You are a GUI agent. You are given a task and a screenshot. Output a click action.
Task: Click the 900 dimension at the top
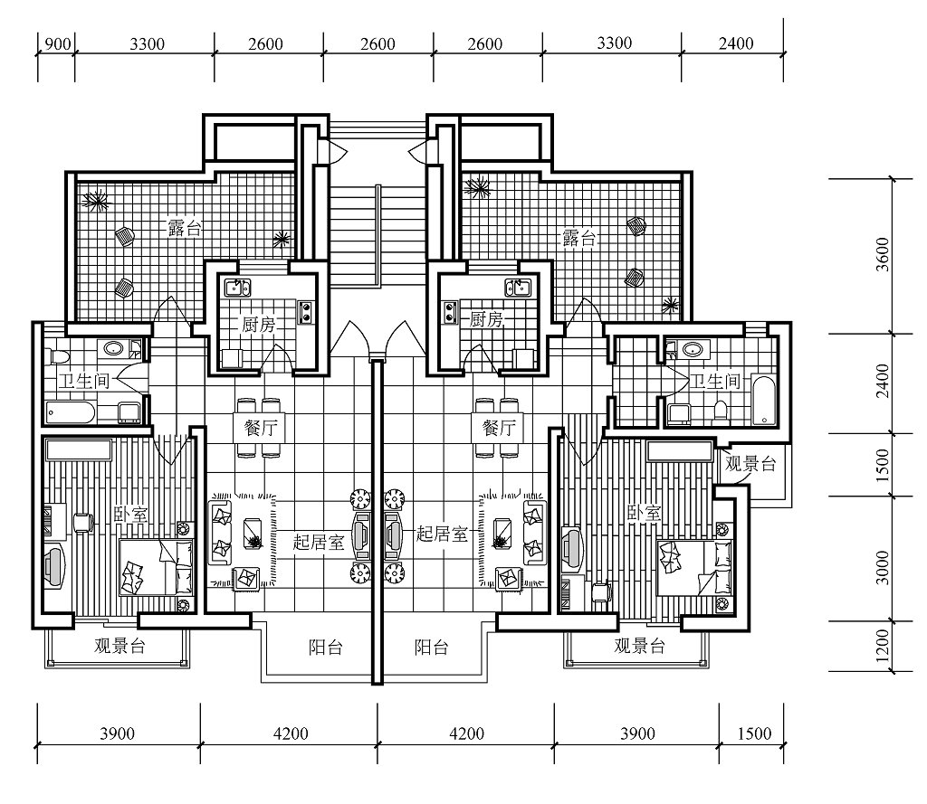(x=58, y=44)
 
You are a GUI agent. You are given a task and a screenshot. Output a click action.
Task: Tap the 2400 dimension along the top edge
(x=736, y=43)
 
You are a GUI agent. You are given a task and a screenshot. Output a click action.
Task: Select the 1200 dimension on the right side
(x=882, y=645)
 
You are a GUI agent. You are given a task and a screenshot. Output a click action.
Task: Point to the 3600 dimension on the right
(x=882, y=254)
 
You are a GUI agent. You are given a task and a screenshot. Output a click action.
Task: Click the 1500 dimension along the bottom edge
(x=754, y=733)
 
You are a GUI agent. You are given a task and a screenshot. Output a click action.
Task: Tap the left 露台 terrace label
(x=185, y=227)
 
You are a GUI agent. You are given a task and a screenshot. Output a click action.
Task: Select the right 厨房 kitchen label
(x=486, y=319)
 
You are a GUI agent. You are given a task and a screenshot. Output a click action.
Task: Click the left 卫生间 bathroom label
(x=84, y=381)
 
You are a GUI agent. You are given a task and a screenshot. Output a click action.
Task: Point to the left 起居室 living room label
(x=319, y=541)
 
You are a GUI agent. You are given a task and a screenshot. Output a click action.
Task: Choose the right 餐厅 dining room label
(x=499, y=427)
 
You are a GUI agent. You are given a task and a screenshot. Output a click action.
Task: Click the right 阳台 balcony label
(x=432, y=648)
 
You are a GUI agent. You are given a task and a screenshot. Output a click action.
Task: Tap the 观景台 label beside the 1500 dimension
(x=750, y=464)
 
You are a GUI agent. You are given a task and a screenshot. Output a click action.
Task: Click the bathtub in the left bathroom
(x=71, y=412)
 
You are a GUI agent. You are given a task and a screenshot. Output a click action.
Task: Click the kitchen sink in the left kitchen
(x=238, y=288)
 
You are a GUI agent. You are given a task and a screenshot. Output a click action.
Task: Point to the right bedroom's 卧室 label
(x=644, y=513)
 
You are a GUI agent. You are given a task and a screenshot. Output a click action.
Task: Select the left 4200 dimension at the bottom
(x=291, y=733)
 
